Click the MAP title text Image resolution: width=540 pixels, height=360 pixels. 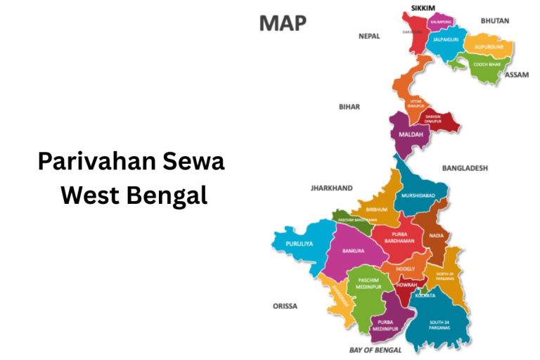pos(283,23)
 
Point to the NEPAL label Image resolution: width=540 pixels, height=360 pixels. pos(369,36)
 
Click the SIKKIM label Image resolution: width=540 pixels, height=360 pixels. pos(424,8)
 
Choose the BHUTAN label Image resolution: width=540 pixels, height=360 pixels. pos(494,21)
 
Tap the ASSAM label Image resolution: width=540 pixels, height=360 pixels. pos(517,75)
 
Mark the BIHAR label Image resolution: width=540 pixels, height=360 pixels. pos(349,107)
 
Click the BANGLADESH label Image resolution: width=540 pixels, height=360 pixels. pos(465,168)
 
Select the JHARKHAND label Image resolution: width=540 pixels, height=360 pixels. pos(331,188)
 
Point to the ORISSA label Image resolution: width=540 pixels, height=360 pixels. pos(285,306)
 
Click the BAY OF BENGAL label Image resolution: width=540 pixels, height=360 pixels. pos(375,349)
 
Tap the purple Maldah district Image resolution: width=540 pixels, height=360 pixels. pos(411,134)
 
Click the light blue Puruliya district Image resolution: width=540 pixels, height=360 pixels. pos(299,244)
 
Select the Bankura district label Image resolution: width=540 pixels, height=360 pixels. pos(353,250)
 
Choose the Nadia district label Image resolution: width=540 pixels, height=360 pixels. pos(436,236)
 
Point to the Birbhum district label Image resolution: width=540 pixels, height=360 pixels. pos(377,210)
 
